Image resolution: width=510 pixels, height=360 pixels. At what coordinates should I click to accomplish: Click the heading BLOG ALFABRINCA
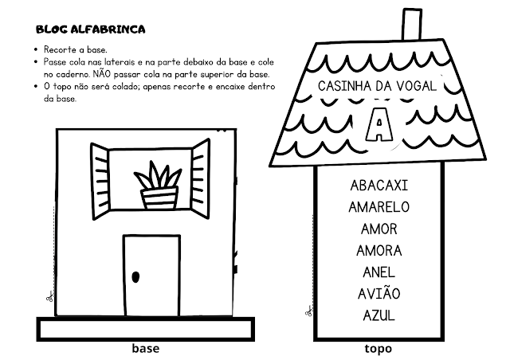pos(90,30)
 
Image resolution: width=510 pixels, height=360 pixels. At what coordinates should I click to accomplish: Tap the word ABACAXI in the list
pos(379,186)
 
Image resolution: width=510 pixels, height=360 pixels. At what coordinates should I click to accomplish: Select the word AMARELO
pos(379,207)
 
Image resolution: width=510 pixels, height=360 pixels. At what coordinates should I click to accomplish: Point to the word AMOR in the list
pos(379,229)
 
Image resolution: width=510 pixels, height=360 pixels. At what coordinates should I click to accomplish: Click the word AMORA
pos(379,250)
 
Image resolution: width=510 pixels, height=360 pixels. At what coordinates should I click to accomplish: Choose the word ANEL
pos(379,272)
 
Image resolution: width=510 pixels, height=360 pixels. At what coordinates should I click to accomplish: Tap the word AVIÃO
pos(379,293)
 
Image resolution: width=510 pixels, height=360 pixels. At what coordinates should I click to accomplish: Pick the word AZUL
pos(379,315)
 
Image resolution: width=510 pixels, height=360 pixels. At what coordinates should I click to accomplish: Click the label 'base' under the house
pos(145,348)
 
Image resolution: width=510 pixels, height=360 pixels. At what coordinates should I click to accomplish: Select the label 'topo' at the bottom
pos(378,348)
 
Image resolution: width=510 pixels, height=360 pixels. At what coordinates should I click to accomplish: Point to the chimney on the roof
pos(410,24)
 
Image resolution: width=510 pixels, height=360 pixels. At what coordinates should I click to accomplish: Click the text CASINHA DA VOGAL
pos(377,85)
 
